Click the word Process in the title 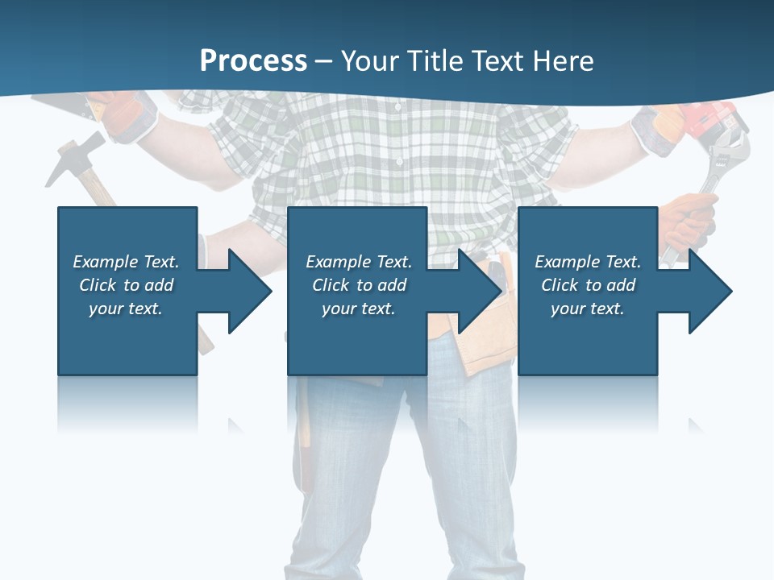click(253, 61)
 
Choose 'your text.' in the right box click(587, 309)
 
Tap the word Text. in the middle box click(393, 262)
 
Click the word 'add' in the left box click(159, 285)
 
